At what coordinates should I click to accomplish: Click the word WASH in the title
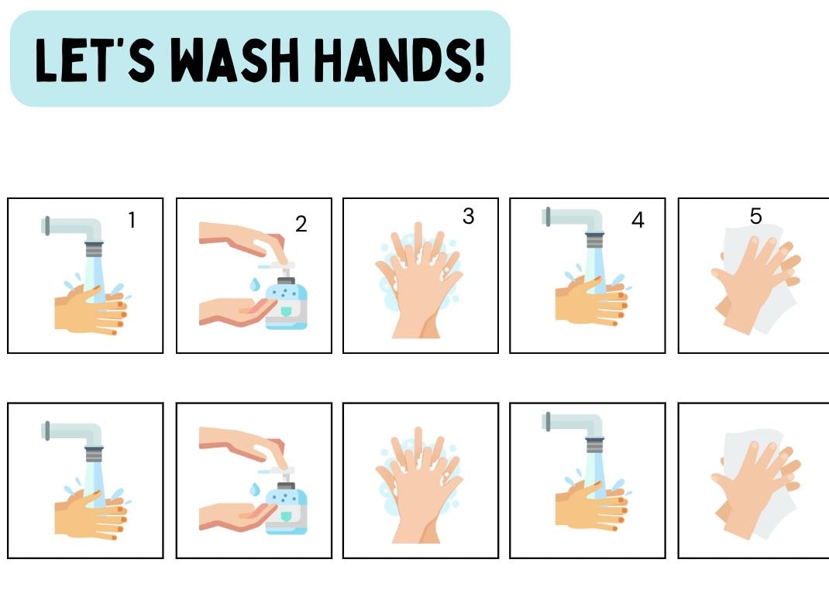click(x=235, y=60)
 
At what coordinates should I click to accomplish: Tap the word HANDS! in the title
click(x=400, y=60)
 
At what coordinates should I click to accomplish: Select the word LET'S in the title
click(x=95, y=60)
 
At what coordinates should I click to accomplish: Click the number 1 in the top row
click(x=132, y=220)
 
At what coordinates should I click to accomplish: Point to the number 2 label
click(x=301, y=224)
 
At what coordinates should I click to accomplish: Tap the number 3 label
click(x=468, y=216)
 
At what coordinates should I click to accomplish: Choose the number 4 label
click(x=638, y=220)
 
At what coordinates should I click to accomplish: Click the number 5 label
click(x=755, y=216)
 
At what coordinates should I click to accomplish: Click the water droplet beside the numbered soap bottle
click(x=255, y=284)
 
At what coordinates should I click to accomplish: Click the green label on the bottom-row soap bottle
click(x=285, y=516)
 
